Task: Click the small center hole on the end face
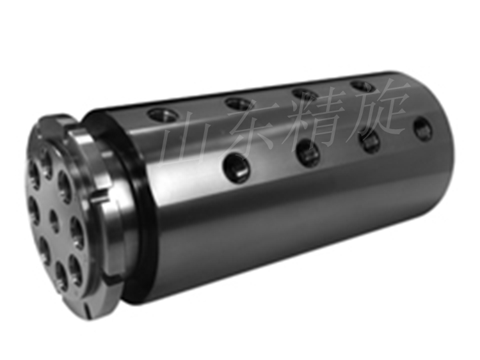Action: pyautogui.click(x=54, y=219)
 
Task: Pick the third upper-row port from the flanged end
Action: pyautogui.click(x=304, y=92)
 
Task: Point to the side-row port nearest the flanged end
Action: pyautogui.click(x=235, y=167)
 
